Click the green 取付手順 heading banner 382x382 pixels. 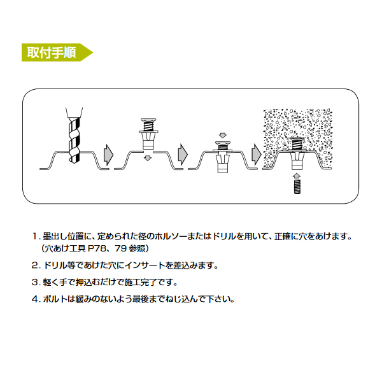tap(57, 52)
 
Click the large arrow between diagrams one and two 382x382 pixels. tap(108, 155)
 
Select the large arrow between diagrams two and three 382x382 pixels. tap(183, 155)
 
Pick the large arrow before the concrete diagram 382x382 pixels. tap(257, 155)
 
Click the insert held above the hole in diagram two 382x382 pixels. tap(148, 134)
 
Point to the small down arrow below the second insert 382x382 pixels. tap(148, 159)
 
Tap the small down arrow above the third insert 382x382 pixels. tap(222, 135)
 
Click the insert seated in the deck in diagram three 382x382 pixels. tap(222, 157)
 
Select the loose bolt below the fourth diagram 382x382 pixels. tap(297, 187)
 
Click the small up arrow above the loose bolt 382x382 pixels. tap(297, 176)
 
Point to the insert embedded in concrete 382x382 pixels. tap(297, 153)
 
